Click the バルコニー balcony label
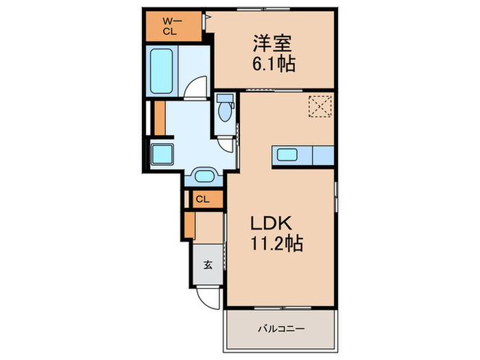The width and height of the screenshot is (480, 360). [281, 329]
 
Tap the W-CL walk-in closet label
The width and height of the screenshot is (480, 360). [169, 26]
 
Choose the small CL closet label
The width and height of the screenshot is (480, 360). [202, 200]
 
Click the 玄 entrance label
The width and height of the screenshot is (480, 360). [206, 263]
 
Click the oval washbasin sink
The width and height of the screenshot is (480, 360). [204, 177]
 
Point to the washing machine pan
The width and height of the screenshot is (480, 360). [162, 153]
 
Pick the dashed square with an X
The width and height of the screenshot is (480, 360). [319, 106]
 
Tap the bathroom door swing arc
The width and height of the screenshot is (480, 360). [197, 89]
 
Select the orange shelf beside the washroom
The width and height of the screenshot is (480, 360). [160, 117]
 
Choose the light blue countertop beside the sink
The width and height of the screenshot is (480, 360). [323, 156]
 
